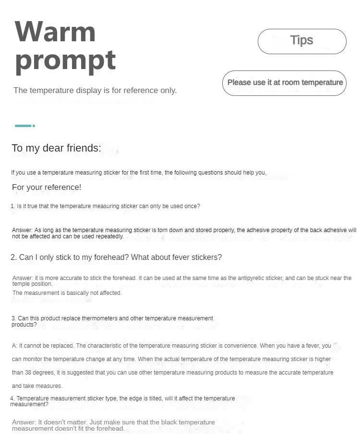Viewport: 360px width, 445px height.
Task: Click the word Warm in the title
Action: (55, 32)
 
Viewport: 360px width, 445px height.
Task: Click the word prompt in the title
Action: (65, 61)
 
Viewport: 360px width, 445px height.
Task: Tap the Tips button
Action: (302, 41)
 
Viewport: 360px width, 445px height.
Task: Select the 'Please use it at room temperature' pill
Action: (285, 82)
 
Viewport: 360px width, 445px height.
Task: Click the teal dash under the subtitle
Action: (24, 126)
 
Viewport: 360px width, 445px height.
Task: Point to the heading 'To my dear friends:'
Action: (56, 148)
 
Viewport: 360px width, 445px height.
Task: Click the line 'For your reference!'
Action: (47, 187)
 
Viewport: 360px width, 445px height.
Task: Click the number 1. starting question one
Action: (13, 206)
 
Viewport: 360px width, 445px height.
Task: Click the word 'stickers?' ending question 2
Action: (206, 258)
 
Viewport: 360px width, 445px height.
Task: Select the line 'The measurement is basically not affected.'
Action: (67, 293)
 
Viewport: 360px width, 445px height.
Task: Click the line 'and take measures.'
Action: (37, 386)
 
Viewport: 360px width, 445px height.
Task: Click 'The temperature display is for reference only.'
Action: (95, 90)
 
